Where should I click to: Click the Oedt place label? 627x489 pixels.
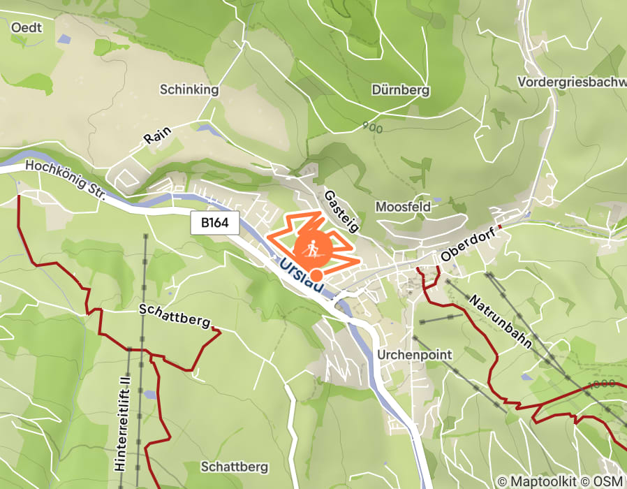(27, 27)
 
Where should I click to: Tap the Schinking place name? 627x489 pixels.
(189, 89)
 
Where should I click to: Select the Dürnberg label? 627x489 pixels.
(401, 90)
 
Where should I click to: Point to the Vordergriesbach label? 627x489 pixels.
(571, 82)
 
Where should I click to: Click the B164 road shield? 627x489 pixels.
(215, 224)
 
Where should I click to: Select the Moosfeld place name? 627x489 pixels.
(403, 207)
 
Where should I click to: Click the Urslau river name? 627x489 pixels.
(302, 277)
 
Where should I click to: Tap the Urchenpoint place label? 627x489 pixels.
(415, 354)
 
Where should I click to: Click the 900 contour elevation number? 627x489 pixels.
(372, 126)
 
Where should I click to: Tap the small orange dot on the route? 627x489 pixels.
(317, 275)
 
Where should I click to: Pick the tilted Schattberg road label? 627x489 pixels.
(175, 315)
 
